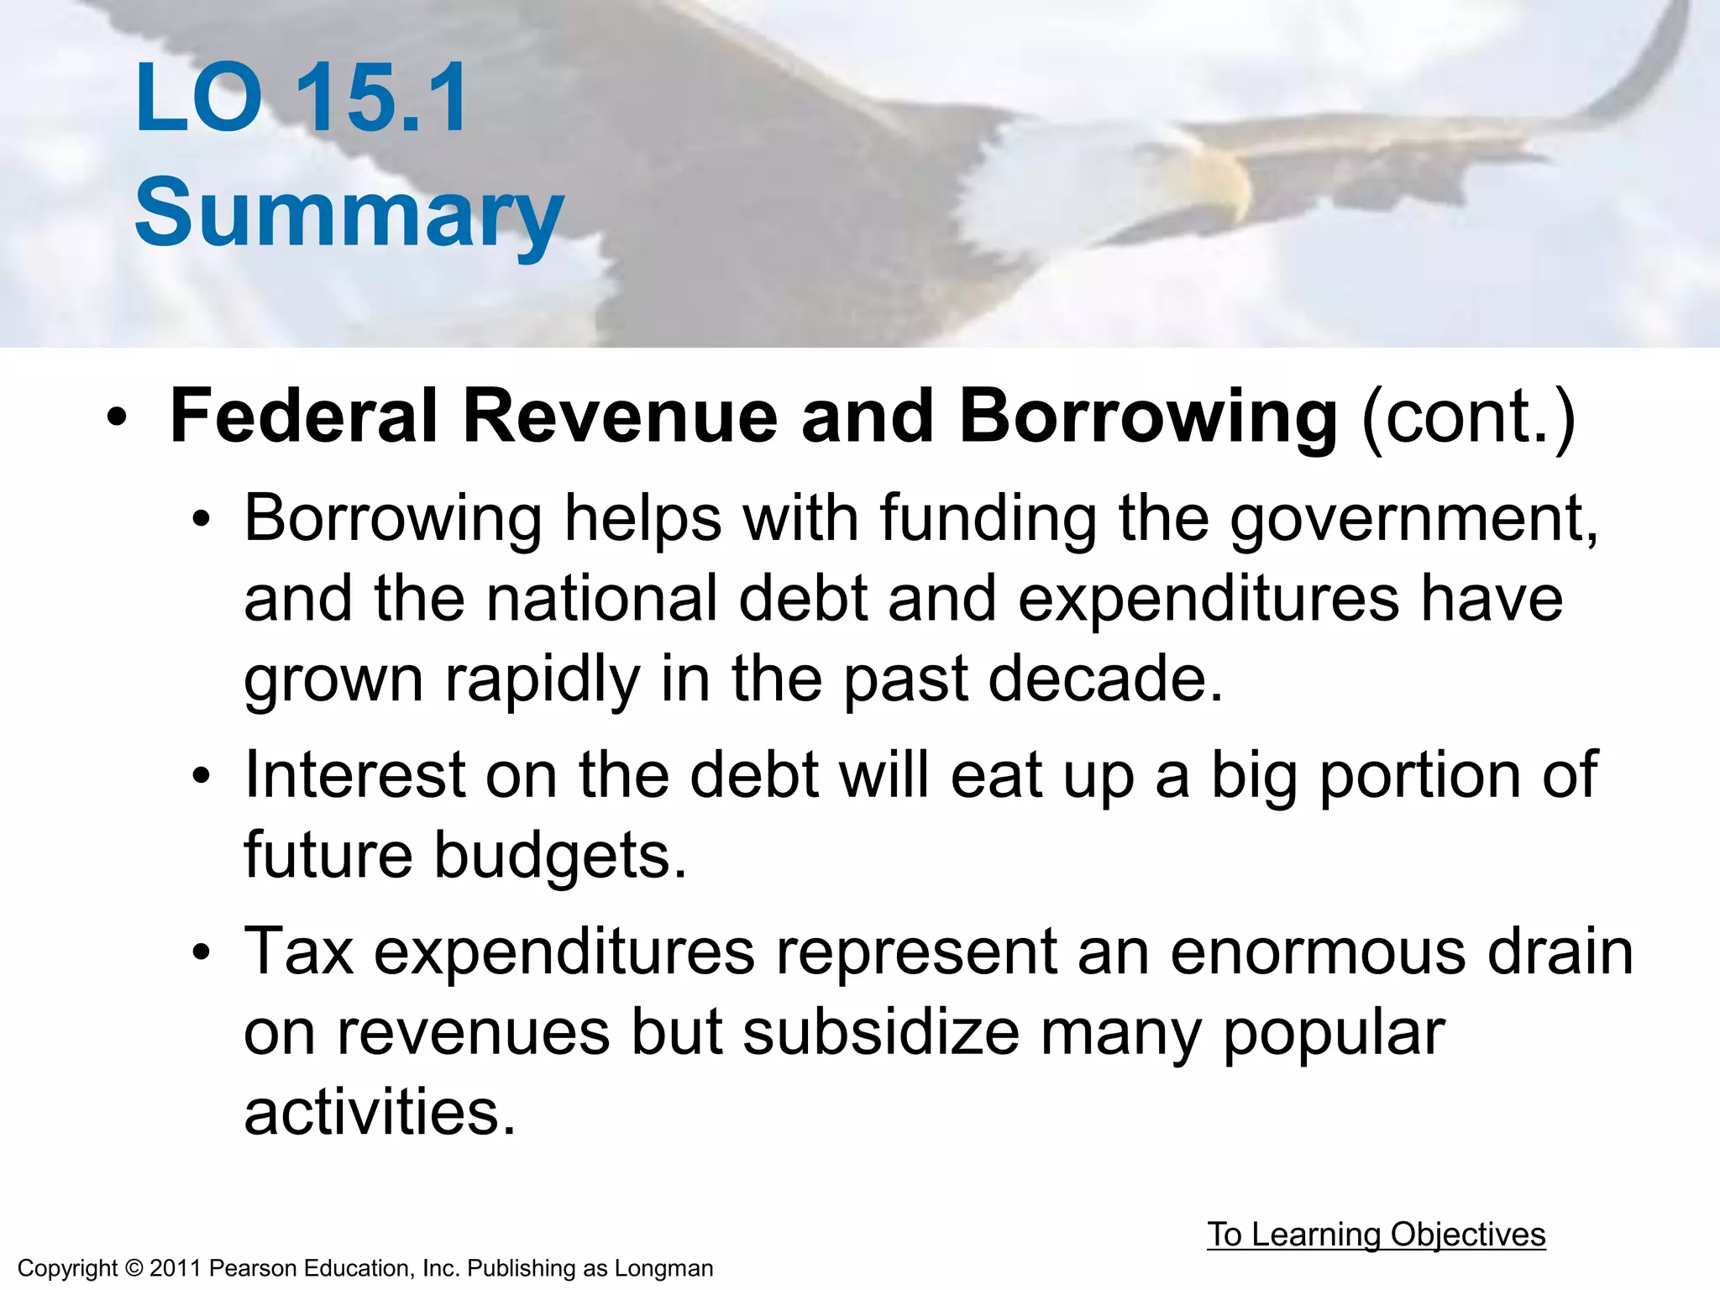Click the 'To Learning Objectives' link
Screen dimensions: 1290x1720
pyautogui.click(x=1376, y=1235)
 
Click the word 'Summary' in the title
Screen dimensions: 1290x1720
pyautogui.click(x=349, y=213)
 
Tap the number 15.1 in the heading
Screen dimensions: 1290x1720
pyautogui.click(x=382, y=99)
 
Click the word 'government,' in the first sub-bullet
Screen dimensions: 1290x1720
pyautogui.click(x=1414, y=518)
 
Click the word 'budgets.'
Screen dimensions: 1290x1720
pyautogui.click(x=560, y=855)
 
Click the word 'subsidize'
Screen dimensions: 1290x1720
pyautogui.click(x=881, y=1032)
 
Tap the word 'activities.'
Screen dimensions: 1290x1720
pyautogui.click(x=380, y=1112)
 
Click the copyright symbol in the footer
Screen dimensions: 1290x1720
pyautogui.click(x=134, y=1268)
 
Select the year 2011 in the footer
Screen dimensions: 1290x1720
pyautogui.click(x=176, y=1268)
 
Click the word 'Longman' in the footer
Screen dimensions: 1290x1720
pyautogui.click(x=663, y=1268)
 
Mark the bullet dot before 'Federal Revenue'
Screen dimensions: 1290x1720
pyautogui.click(x=117, y=417)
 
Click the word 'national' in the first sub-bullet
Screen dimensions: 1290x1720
pyautogui.click(x=601, y=599)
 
